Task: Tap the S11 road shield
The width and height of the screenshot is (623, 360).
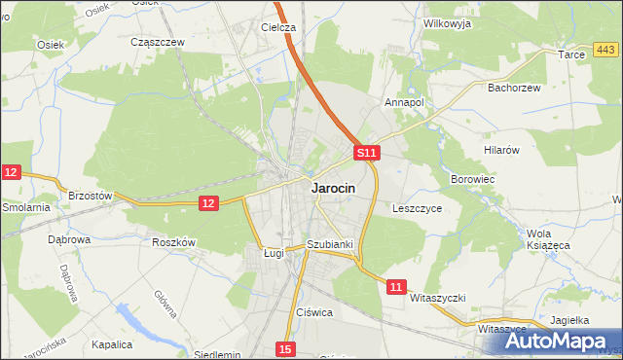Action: [x=365, y=154]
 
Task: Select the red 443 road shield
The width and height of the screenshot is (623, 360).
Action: [x=605, y=50]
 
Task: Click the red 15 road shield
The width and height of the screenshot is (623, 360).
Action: [x=284, y=348]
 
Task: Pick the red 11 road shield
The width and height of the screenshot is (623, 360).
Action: [x=395, y=287]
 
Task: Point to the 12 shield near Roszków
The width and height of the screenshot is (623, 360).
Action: [x=208, y=202]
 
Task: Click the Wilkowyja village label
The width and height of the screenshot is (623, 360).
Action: [x=447, y=23]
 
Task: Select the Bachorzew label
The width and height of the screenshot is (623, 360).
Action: [x=513, y=87]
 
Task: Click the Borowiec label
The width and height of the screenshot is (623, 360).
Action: [x=473, y=180]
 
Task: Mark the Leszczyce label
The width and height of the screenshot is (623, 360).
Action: [x=418, y=208]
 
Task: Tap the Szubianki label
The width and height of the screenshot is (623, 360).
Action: [x=329, y=244]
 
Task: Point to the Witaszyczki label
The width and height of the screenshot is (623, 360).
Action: [x=439, y=297]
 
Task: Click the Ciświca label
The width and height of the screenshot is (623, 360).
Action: [x=314, y=312]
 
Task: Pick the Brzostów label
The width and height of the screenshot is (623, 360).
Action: [x=91, y=196]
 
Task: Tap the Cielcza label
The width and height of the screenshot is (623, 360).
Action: [x=278, y=28]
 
